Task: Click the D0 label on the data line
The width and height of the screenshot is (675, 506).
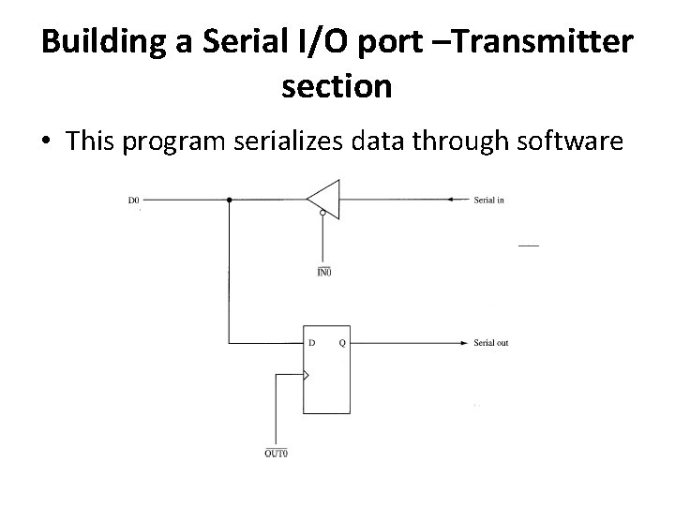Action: [134, 200]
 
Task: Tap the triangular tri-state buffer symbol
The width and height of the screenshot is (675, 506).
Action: [322, 200]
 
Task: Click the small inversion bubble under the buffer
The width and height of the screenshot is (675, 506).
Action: [323, 215]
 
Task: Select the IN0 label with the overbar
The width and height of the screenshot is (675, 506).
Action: [323, 273]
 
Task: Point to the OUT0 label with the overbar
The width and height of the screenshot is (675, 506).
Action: [277, 454]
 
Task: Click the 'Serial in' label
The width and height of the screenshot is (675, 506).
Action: [489, 200]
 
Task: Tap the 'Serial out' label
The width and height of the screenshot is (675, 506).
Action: [491, 343]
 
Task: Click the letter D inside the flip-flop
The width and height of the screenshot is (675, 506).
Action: [312, 343]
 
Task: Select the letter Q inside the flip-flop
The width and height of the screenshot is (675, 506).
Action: [341, 343]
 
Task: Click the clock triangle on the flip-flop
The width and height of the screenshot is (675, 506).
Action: [306, 376]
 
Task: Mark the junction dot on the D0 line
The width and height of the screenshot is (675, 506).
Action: [230, 200]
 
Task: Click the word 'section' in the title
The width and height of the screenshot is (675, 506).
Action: [337, 86]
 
